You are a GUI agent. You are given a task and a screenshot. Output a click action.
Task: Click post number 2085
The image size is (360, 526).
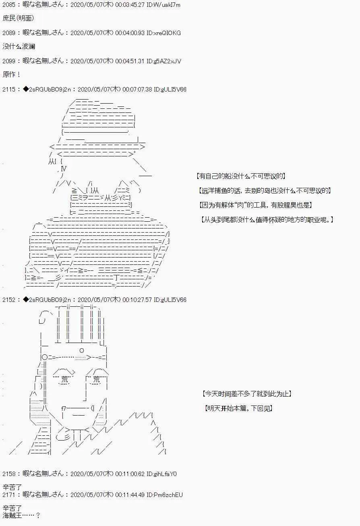point(9,5)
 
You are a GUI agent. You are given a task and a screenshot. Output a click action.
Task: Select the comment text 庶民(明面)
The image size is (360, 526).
point(18,18)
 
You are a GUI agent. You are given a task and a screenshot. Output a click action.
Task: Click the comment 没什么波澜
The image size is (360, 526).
point(19,46)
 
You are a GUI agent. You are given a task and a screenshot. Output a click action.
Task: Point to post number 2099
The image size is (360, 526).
point(9,61)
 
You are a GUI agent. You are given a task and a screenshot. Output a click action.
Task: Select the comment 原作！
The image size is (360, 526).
point(12,75)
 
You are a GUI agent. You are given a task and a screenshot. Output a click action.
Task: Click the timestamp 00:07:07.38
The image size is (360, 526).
point(137,89)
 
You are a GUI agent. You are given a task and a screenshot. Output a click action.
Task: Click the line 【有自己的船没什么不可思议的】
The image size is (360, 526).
point(241,176)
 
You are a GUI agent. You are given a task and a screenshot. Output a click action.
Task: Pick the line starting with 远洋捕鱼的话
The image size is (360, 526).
point(265,191)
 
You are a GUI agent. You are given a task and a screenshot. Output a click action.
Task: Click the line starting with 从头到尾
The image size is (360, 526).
point(267,220)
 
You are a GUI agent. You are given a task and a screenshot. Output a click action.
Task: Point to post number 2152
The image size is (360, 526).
point(9,300)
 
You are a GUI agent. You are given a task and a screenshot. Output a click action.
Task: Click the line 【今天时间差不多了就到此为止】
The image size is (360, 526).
point(247,394)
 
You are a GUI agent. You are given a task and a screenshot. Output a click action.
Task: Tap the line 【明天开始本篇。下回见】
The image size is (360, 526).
point(238,408)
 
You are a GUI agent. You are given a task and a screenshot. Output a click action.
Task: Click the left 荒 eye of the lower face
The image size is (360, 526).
point(64,379)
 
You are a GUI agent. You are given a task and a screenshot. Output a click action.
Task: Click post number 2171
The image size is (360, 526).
point(9,495)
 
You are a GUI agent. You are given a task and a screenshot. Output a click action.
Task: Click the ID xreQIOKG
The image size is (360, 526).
point(163,33)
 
